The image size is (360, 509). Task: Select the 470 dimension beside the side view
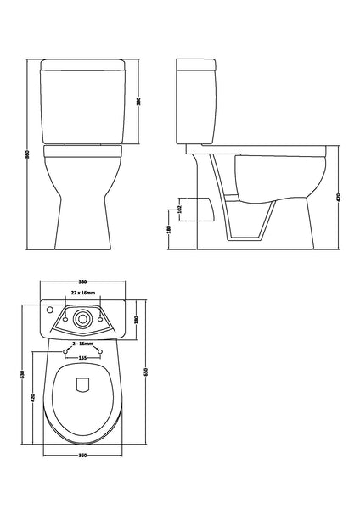pyautogui.click(x=339, y=197)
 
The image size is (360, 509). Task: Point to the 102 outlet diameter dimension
pyautogui.click(x=179, y=206)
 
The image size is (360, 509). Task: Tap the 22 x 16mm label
pyautogui.click(x=82, y=291)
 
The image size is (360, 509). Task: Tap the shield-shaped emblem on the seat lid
pyautogui.click(x=83, y=385)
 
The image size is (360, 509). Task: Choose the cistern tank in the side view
pyautogui.click(x=199, y=102)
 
